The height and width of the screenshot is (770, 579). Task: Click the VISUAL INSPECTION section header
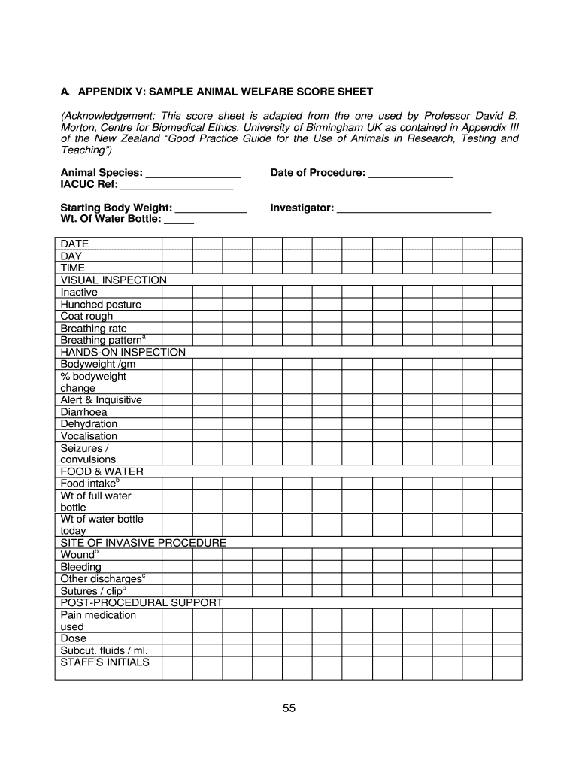click(114, 280)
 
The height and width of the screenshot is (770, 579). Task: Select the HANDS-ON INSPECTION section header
click(123, 352)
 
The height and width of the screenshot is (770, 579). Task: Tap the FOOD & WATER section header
click(102, 471)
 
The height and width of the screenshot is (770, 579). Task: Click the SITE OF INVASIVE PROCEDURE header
click(143, 543)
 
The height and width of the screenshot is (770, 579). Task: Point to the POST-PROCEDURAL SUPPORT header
click(141, 603)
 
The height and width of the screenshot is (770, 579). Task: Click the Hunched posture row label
click(101, 305)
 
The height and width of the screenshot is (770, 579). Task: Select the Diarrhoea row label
click(83, 412)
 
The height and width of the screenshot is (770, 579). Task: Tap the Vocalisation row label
click(89, 436)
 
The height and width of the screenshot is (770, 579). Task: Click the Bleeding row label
click(80, 567)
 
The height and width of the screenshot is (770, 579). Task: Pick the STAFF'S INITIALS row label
click(105, 662)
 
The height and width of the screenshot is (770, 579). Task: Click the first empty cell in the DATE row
click(177, 244)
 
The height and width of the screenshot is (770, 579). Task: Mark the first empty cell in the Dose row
click(177, 638)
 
